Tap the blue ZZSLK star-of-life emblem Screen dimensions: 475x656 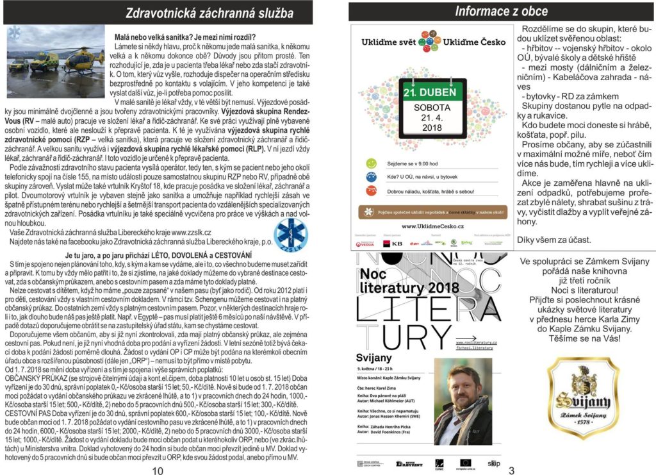(x=290, y=235)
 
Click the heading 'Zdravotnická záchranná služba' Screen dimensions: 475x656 (x=209, y=13)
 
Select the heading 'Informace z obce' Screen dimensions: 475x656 (x=501, y=11)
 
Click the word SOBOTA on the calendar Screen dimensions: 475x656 (x=432, y=108)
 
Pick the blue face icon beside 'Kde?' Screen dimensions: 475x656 (x=371, y=178)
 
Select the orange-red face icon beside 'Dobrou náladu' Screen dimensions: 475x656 (x=371, y=190)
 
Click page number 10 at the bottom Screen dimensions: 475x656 (x=158, y=470)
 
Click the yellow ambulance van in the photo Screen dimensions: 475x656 (x=45, y=63)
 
